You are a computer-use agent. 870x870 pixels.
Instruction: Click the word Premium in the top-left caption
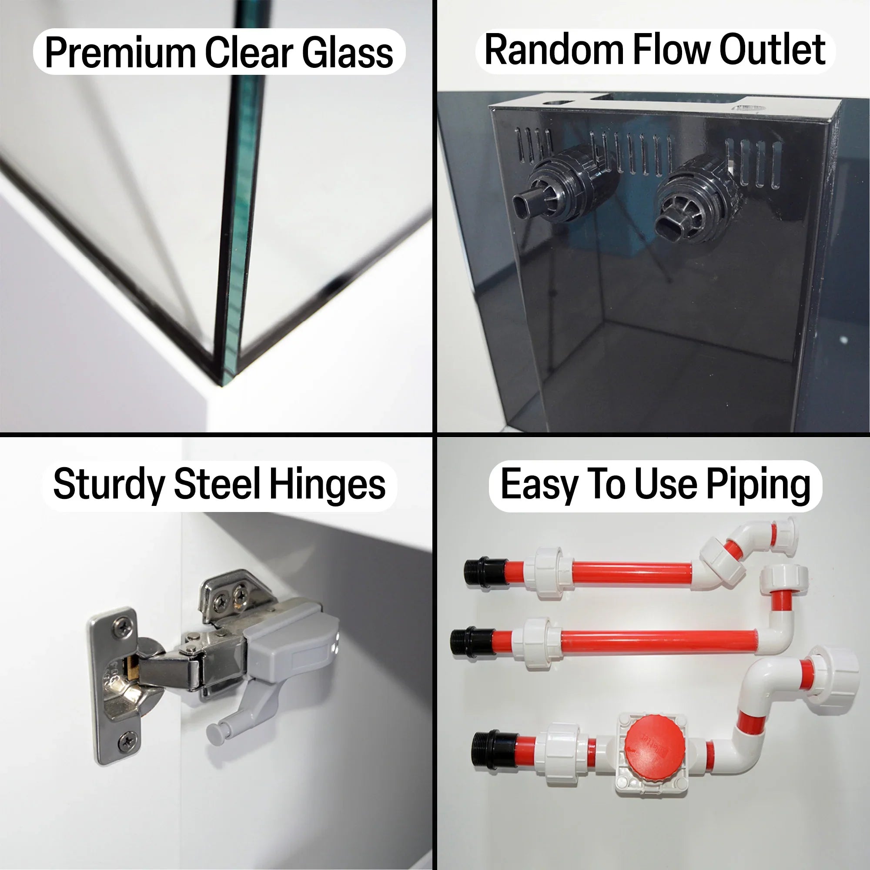click(x=120, y=53)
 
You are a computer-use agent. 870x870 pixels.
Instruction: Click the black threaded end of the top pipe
click(x=485, y=572)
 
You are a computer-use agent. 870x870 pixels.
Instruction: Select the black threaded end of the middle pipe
click(x=472, y=642)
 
